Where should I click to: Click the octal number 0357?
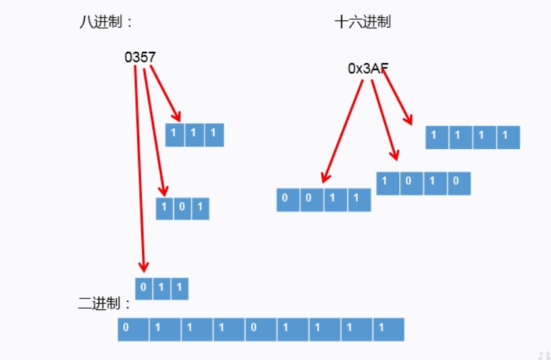(x=140, y=57)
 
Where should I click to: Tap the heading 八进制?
(x=104, y=22)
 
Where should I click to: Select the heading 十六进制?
(x=362, y=22)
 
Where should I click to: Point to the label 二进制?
(x=104, y=304)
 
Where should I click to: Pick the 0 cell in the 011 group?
(x=144, y=288)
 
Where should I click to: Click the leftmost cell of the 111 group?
(x=175, y=135)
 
